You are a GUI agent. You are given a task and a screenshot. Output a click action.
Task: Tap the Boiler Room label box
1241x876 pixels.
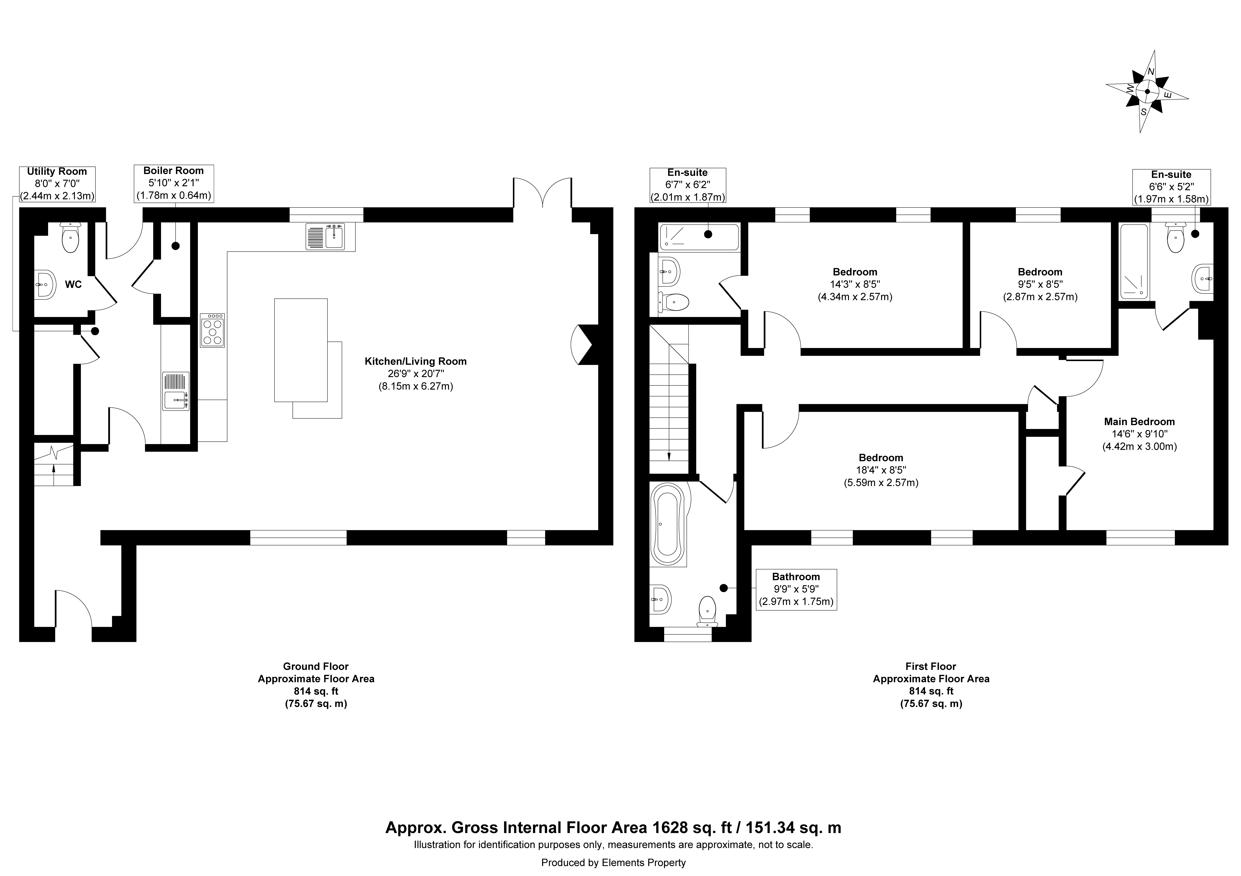coord(174,184)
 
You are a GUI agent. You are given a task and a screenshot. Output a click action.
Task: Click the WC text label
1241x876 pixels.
coord(74,284)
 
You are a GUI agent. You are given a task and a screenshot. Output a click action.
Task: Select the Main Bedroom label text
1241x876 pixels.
coord(1139,422)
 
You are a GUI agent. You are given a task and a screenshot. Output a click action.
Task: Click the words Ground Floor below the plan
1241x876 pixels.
coord(316,666)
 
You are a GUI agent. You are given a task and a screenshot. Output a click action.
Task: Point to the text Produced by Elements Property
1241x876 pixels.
coord(613,863)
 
